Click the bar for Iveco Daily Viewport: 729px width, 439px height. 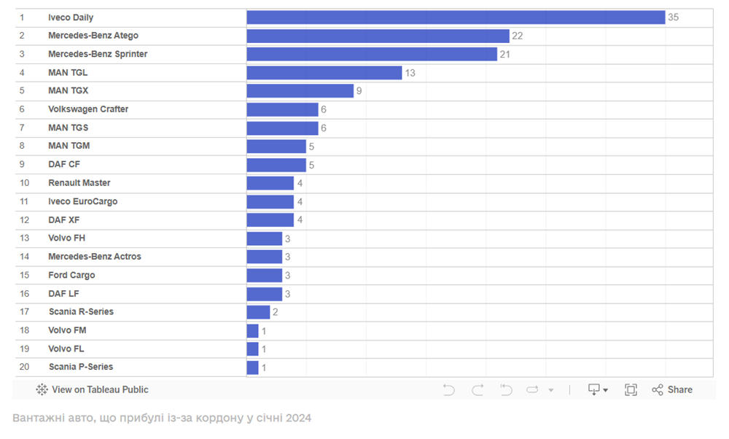click(456, 18)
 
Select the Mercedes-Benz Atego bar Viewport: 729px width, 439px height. click(378, 36)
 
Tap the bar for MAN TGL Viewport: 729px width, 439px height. click(324, 73)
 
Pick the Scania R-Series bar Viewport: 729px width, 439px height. click(258, 312)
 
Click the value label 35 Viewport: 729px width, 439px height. click(673, 18)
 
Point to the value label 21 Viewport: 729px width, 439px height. click(504, 55)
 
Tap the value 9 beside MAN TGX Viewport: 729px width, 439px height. click(359, 91)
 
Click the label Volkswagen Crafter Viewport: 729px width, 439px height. click(88, 109)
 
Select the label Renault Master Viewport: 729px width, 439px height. click(79, 183)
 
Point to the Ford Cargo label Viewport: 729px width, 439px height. click(71, 275)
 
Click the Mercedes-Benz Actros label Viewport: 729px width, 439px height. click(95, 257)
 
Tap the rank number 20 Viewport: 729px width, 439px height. click(24, 367)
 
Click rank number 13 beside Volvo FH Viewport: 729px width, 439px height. click(24, 238)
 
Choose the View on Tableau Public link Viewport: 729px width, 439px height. click(93, 390)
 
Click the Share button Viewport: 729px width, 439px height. click(672, 390)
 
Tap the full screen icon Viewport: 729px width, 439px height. click(631, 390)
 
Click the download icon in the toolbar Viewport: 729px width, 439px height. click(595, 390)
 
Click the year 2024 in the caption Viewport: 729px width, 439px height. click(299, 418)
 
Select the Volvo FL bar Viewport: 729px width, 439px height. click(252, 349)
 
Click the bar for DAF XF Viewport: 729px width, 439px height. click(270, 220)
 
